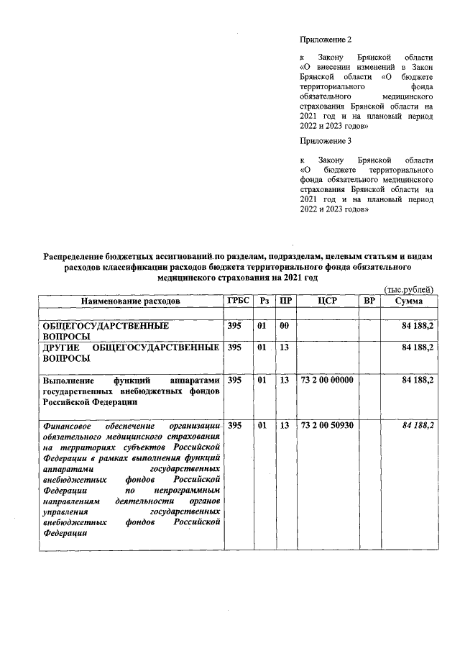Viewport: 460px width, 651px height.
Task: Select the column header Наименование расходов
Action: [130, 301]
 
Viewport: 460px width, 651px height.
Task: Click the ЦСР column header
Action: [327, 301]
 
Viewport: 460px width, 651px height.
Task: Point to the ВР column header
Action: [369, 301]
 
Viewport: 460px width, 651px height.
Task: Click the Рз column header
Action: [263, 301]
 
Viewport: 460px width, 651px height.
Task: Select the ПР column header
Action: [285, 301]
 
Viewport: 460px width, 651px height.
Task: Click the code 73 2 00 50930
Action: [327, 426]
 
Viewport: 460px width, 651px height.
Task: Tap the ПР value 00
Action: [284, 326]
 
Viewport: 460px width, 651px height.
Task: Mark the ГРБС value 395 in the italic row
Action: [234, 426]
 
